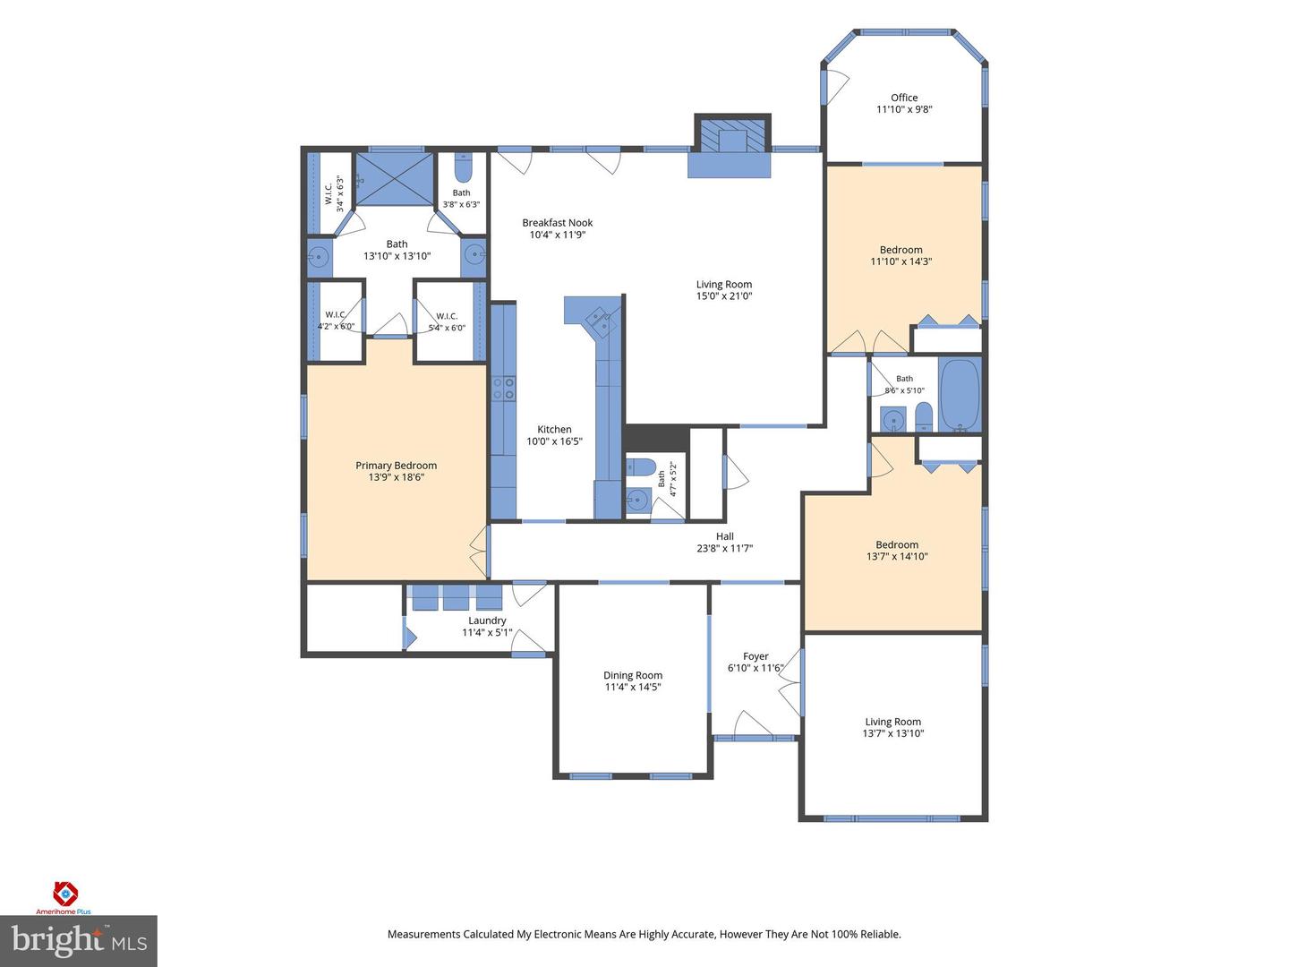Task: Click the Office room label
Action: click(x=904, y=98)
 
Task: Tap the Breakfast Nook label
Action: click(x=558, y=223)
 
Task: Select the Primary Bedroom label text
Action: click(x=397, y=466)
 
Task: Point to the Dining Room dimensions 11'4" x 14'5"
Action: click(x=633, y=687)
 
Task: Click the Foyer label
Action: click(x=755, y=656)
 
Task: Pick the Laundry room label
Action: click(x=487, y=620)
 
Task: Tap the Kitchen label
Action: click(x=554, y=429)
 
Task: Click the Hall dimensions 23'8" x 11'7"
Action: click(x=725, y=548)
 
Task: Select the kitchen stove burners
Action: click(x=504, y=388)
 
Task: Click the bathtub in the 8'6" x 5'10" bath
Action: click(x=960, y=395)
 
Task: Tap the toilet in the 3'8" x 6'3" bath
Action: click(x=463, y=168)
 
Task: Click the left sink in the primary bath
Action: click(x=318, y=257)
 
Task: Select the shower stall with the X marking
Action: click(x=396, y=179)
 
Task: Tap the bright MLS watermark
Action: click(x=78, y=941)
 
